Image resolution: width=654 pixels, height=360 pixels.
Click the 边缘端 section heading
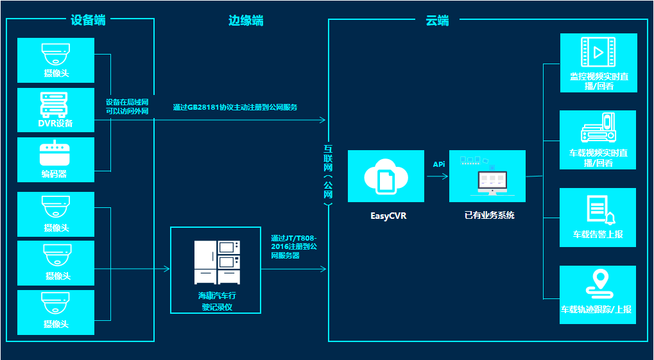[x=246, y=21]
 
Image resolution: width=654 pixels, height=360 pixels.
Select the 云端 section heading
[x=437, y=21]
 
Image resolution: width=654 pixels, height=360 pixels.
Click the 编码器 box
[x=56, y=160]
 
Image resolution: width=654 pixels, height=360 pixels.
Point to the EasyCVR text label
[x=388, y=216]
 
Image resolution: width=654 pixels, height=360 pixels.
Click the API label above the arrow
[x=439, y=164]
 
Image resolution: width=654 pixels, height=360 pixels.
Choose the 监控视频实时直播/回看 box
[x=599, y=63]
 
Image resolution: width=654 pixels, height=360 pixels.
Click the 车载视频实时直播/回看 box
[x=598, y=140]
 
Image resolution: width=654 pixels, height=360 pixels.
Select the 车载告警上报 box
[x=598, y=218]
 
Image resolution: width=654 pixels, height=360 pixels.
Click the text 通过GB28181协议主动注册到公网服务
[x=235, y=107]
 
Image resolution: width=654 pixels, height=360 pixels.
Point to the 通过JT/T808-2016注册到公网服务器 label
[x=294, y=246]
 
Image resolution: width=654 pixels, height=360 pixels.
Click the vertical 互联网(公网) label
[x=328, y=174]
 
